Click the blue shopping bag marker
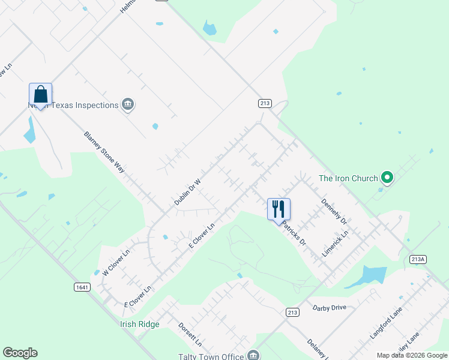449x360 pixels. tap(40, 95)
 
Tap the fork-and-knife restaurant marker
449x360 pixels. tap(279, 209)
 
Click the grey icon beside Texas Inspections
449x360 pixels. tap(127, 105)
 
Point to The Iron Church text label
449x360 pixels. tap(348, 178)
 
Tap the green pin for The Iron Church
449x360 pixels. tap(387, 178)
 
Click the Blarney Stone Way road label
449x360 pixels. tap(104, 152)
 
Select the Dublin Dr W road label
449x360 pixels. tap(187, 191)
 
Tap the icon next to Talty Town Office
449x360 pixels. tap(255, 355)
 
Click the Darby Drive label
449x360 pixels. tap(330, 308)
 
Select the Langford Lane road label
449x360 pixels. tap(385, 322)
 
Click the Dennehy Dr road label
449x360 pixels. tap(334, 212)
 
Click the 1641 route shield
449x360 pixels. tap(83, 287)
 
